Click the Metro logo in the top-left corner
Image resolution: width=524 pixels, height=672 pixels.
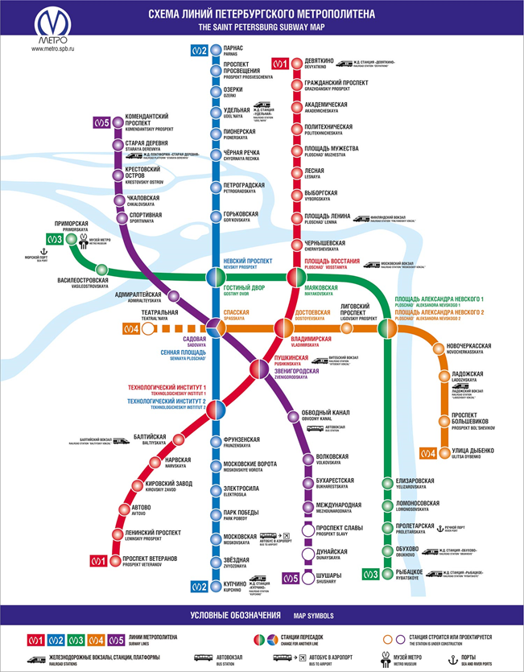(53, 24)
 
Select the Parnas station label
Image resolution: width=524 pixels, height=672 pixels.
(234, 51)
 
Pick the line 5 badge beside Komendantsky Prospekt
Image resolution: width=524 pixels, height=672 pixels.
(100, 123)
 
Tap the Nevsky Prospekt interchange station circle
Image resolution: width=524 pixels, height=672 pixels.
(213, 276)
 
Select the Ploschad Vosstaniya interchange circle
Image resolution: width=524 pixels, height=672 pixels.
(295, 276)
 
